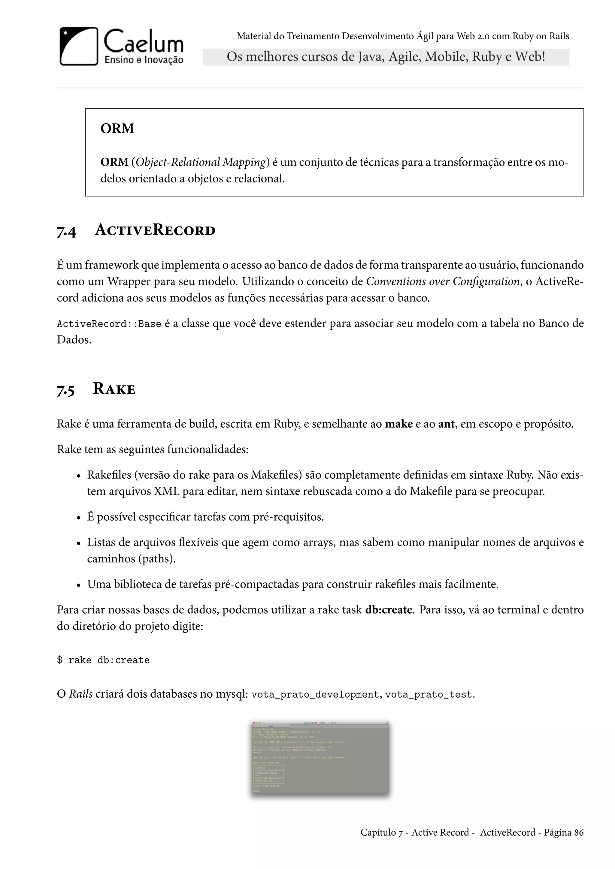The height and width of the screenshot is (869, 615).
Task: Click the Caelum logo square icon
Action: (x=79, y=46)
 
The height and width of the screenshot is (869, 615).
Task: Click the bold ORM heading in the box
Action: (x=117, y=129)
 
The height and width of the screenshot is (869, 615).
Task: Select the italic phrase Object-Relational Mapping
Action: (x=200, y=162)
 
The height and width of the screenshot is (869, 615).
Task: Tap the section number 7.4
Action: (x=66, y=231)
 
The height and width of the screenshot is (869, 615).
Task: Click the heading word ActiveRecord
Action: (x=155, y=230)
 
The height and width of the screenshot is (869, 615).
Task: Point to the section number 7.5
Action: (x=66, y=390)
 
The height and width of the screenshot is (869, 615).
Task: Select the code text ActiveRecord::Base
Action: (x=109, y=324)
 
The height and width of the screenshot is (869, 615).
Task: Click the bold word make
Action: (x=398, y=424)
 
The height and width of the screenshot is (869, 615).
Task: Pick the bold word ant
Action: (x=446, y=424)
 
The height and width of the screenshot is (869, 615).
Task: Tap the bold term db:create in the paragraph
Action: (x=389, y=610)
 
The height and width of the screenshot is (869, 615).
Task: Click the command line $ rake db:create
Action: (x=103, y=660)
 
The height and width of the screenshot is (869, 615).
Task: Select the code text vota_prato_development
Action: (x=315, y=695)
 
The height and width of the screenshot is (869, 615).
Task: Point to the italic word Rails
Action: (x=81, y=694)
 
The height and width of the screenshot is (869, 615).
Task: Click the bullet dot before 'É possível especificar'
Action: (x=79, y=518)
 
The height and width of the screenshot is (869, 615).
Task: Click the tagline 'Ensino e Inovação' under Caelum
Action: (x=144, y=60)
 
